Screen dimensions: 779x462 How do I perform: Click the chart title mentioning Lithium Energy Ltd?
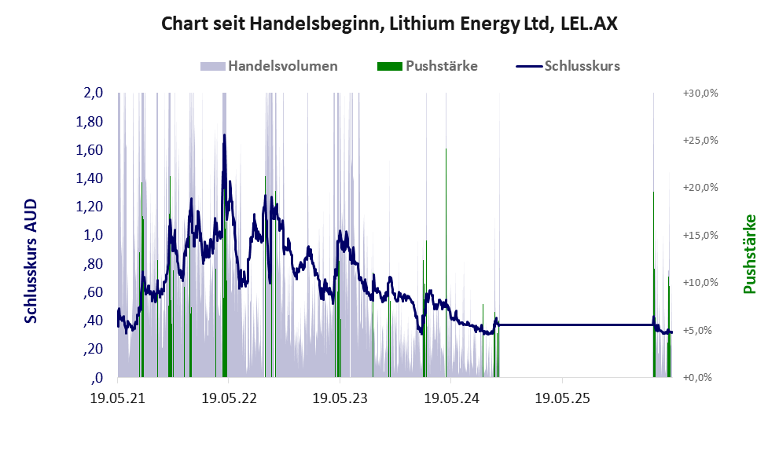(x=390, y=24)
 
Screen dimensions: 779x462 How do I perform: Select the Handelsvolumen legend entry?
(x=269, y=66)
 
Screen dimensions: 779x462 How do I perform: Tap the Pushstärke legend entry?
(x=428, y=66)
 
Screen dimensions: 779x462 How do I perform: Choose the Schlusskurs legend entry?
(x=568, y=66)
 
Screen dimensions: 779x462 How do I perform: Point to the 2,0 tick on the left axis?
(x=94, y=93)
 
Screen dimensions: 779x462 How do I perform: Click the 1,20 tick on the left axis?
(x=90, y=207)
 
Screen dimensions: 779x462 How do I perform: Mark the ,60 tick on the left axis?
(x=93, y=292)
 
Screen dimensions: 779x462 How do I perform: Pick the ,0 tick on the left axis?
(x=97, y=378)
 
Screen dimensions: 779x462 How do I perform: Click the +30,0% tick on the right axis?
(x=700, y=93)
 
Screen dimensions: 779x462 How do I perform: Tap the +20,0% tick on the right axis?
(x=700, y=188)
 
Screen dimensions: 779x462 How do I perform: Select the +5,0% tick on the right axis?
(x=697, y=330)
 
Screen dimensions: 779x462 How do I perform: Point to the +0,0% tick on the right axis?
(x=697, y=378)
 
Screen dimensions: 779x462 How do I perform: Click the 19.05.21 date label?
(x=118, y=398)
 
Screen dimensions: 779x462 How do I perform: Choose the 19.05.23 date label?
(x=340, y=398)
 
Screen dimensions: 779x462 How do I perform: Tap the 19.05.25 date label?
(x=562, y=398)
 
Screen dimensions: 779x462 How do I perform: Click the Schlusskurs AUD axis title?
(x=31, y=261)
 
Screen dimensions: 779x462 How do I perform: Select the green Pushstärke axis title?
(x=749, y=254)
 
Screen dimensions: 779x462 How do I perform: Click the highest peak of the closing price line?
(x=225, y=134)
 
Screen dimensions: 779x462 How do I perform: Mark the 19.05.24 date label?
(x=451, y=398)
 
